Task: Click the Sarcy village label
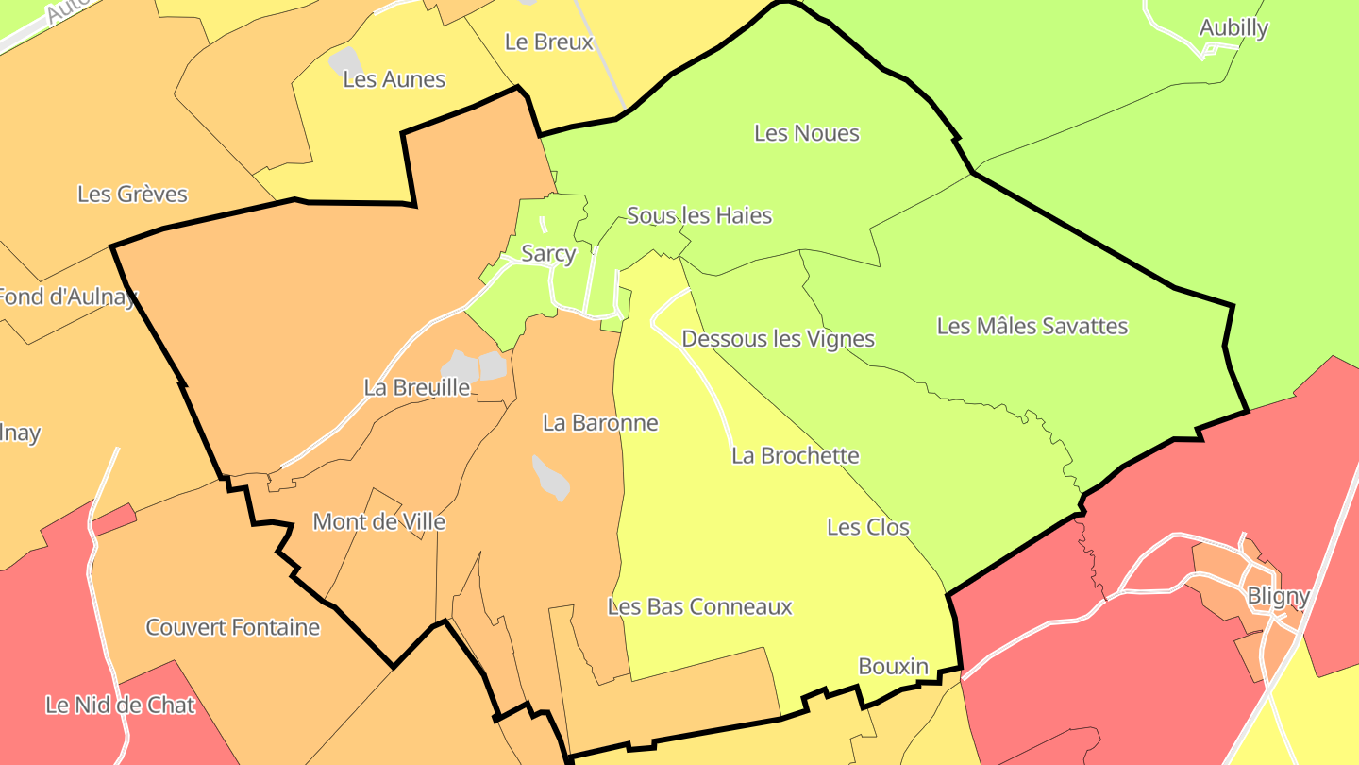(548, 254)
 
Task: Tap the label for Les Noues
(807, 133)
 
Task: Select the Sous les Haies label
(699, 216)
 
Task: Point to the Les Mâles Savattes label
(1032, 327)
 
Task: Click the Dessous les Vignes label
(778, 339)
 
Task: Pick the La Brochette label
(796, 456)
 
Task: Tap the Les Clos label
(868, 527)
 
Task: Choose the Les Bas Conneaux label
(700, 606)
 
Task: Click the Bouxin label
(893, 667)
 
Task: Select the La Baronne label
(600, 423)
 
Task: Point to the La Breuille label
(417, 388)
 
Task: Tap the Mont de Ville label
(378, 522)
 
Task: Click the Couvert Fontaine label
(233, 628)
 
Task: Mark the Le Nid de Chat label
(121, 705)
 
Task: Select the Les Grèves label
(132, 195)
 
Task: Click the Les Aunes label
(394, 79)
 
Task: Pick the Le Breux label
(549, 42)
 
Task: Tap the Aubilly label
(1233, 28)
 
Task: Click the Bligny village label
(1278, 597)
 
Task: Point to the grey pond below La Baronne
(551, 478)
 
